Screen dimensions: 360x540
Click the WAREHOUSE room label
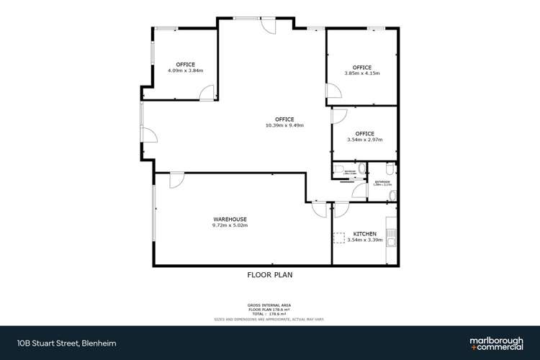coord(230,219)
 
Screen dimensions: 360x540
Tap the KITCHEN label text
coord(364,234)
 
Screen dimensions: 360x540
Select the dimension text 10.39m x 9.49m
coord(284,125)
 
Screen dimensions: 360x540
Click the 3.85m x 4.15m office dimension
coord(361,73)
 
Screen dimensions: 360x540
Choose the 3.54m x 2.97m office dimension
coord(364,140)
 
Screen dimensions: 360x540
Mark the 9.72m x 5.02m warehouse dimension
coord(230,225)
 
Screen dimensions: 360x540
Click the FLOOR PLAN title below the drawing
coord(270,274)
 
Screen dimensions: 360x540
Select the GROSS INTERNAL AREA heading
coord(269,305)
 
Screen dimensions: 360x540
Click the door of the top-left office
coord(207,93)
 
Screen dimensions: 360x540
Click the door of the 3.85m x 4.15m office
coord(333,91)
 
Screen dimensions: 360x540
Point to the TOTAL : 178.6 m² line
coord(269,314)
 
